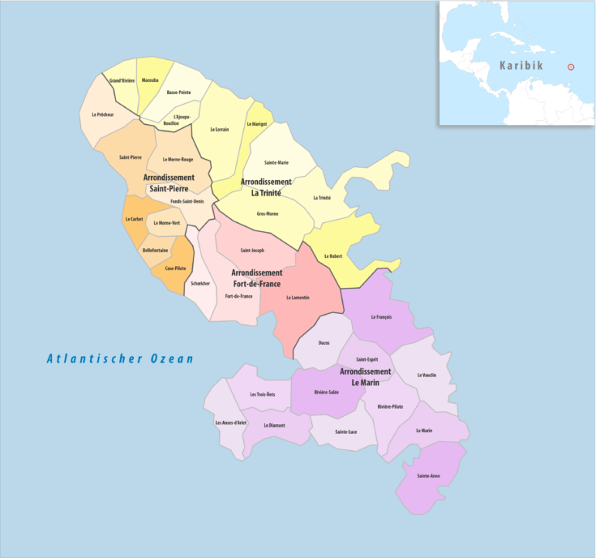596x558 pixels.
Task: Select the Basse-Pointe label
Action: [178, 92]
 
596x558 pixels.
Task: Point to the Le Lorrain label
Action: [219, 130]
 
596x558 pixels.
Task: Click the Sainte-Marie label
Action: [277, 163]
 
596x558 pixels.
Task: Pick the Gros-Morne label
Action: [268, 213]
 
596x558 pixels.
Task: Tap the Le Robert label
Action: [332, 256]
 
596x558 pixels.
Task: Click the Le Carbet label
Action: [134, 219]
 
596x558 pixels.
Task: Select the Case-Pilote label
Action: [176, 268]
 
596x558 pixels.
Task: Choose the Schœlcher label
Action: [199, 283]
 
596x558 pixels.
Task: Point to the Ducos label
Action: [324, 343]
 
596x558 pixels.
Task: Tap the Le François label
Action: [381, 317]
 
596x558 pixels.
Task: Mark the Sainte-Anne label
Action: [429, 475]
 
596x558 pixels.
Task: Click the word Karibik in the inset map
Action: [521, 66]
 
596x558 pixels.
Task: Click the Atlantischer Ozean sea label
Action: [120, 358]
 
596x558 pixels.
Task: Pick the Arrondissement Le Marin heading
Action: [365, 376]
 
